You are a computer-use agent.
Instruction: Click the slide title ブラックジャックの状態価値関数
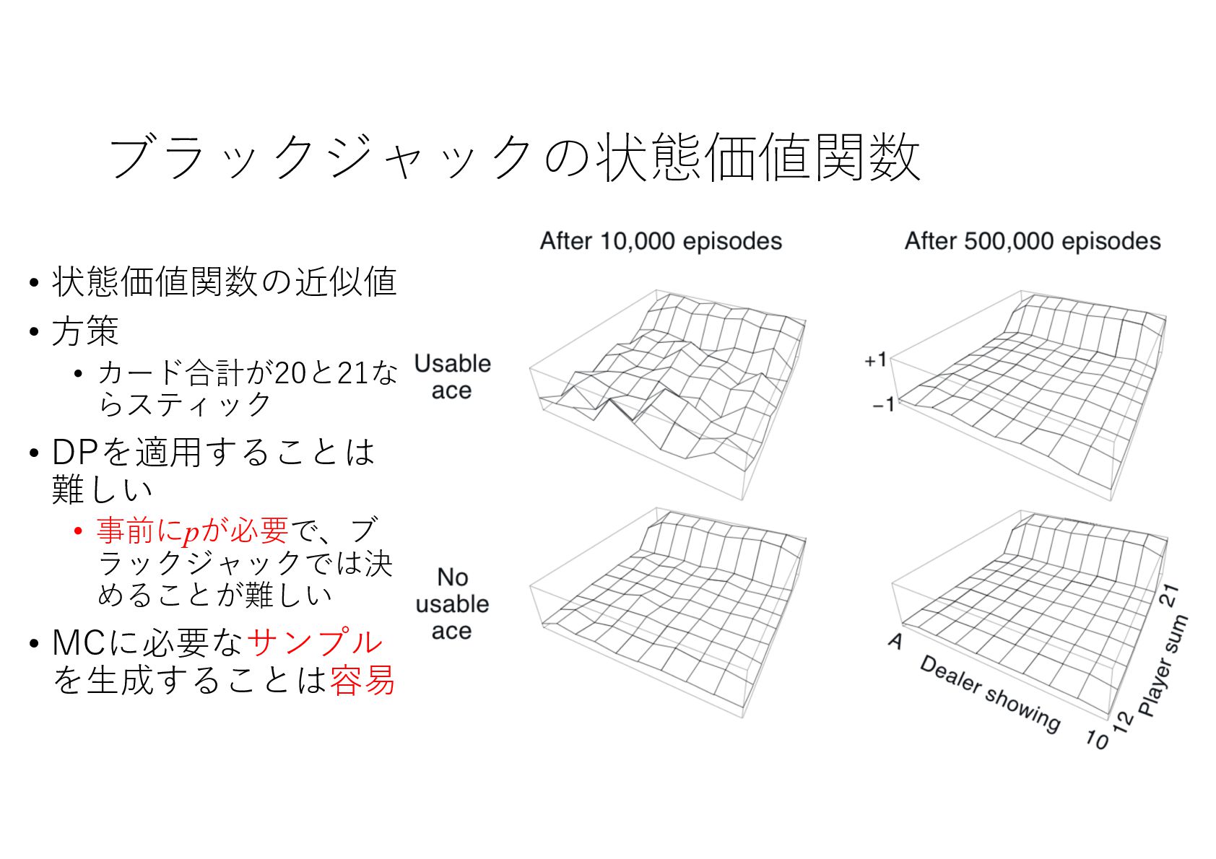point(514,157)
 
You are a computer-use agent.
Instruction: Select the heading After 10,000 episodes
point(661,241)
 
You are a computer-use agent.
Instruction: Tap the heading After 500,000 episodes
point(1033,241)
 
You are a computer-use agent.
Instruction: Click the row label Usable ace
point(452,376)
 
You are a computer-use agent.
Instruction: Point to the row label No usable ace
point(452,603)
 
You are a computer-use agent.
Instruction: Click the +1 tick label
point(875,359)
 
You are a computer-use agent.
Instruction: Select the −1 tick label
point(883,405)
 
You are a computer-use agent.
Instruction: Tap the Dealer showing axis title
point(989,694)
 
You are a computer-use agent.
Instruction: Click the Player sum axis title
point(1163,665)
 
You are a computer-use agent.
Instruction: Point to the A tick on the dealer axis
point(895,640)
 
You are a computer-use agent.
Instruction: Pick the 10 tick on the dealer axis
point(1096,739)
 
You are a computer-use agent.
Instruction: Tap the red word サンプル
point(315,642)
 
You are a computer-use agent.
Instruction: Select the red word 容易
point(362,680)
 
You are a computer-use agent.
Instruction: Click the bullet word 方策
point(85,331)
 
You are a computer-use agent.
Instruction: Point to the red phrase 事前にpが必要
point(192,531)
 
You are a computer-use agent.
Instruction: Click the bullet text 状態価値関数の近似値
point(224,282)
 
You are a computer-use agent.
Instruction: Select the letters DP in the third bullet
point(74,453)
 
